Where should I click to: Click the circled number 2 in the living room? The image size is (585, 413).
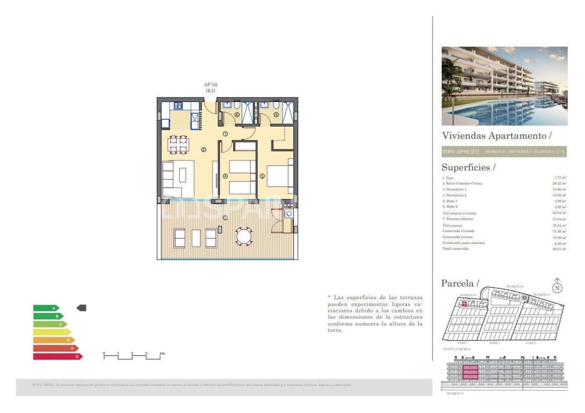point(203,149)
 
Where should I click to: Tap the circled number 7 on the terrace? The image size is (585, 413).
point(225,217)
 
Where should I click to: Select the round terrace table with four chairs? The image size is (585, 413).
point(243,237)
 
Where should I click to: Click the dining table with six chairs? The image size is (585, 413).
point(178,144)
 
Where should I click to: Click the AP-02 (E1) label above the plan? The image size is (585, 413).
point(210,87)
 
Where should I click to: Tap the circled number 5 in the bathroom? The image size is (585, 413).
point(276,115)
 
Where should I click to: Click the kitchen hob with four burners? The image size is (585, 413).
point(178,106)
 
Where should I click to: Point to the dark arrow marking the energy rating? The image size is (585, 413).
point(81,308)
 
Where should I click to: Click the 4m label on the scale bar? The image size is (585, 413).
point(162,353)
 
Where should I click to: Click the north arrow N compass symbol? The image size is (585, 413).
point(557,287)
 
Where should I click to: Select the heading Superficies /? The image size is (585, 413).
point(468,167)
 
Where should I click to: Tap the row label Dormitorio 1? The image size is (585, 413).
point(455,189)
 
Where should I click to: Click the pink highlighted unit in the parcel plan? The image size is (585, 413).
point(463,304)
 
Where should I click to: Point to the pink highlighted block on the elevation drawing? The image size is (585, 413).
point(470,372)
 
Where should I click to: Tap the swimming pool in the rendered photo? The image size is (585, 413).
point(503,112)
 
